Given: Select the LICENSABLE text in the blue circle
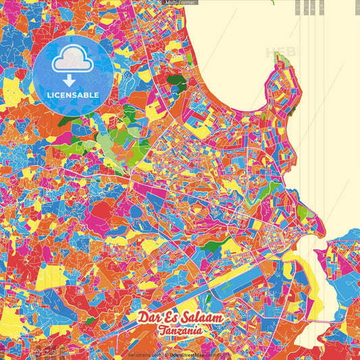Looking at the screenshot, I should click(72, 95).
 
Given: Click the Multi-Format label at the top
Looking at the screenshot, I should click(180, 3).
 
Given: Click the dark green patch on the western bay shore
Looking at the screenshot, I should click(176, 84).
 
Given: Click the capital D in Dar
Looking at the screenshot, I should click(143, 317).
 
